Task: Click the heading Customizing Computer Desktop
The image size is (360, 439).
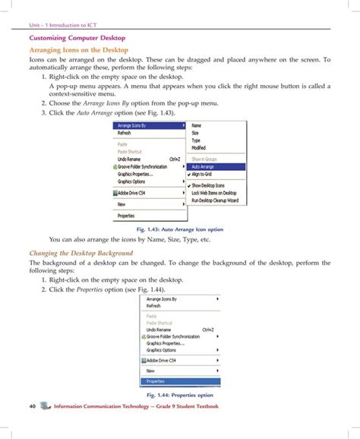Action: [77, 36]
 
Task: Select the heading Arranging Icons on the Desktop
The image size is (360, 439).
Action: [78, 49]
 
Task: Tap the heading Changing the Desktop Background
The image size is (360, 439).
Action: [81, 253]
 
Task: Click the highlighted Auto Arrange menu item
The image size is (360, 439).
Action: [202, 166]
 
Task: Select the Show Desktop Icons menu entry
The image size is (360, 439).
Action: [208, 185]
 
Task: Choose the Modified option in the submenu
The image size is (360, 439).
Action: [198, 147]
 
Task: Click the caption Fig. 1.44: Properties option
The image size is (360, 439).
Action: [179, 396]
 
